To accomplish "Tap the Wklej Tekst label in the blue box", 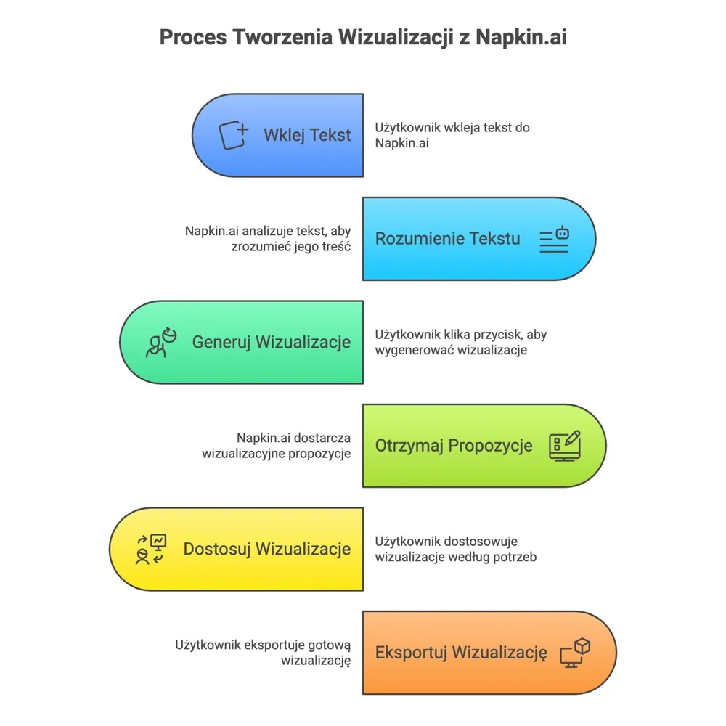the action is click(307, 135).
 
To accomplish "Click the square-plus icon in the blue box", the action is click(234, 135).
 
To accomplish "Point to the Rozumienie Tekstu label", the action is click(447, 238).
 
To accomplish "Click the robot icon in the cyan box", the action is click(555, 240).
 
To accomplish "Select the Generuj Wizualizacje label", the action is click(272, 342).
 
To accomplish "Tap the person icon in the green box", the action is click(160, 343).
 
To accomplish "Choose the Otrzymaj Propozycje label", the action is click(454, 445).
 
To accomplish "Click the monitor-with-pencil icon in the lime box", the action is click(565, 446).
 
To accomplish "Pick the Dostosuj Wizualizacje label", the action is click(267, 549).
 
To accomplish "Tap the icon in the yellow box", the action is click(150, 550).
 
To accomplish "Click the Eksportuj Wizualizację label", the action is click(461, 653).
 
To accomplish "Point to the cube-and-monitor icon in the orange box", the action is click(575, 653).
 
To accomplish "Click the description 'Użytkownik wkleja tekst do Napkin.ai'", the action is click(452, 135).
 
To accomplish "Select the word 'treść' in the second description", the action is click(335, 246).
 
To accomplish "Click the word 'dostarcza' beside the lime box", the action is click(325, 438).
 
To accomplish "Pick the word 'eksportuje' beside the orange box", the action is click(276, 644).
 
